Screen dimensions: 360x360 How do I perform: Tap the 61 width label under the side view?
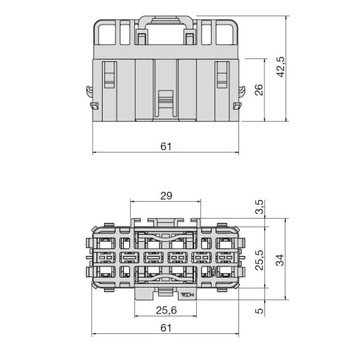pyautogui.click(x=166, y=146)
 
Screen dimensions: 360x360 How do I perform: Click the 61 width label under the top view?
pyautogui.click(x=166, y=337)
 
